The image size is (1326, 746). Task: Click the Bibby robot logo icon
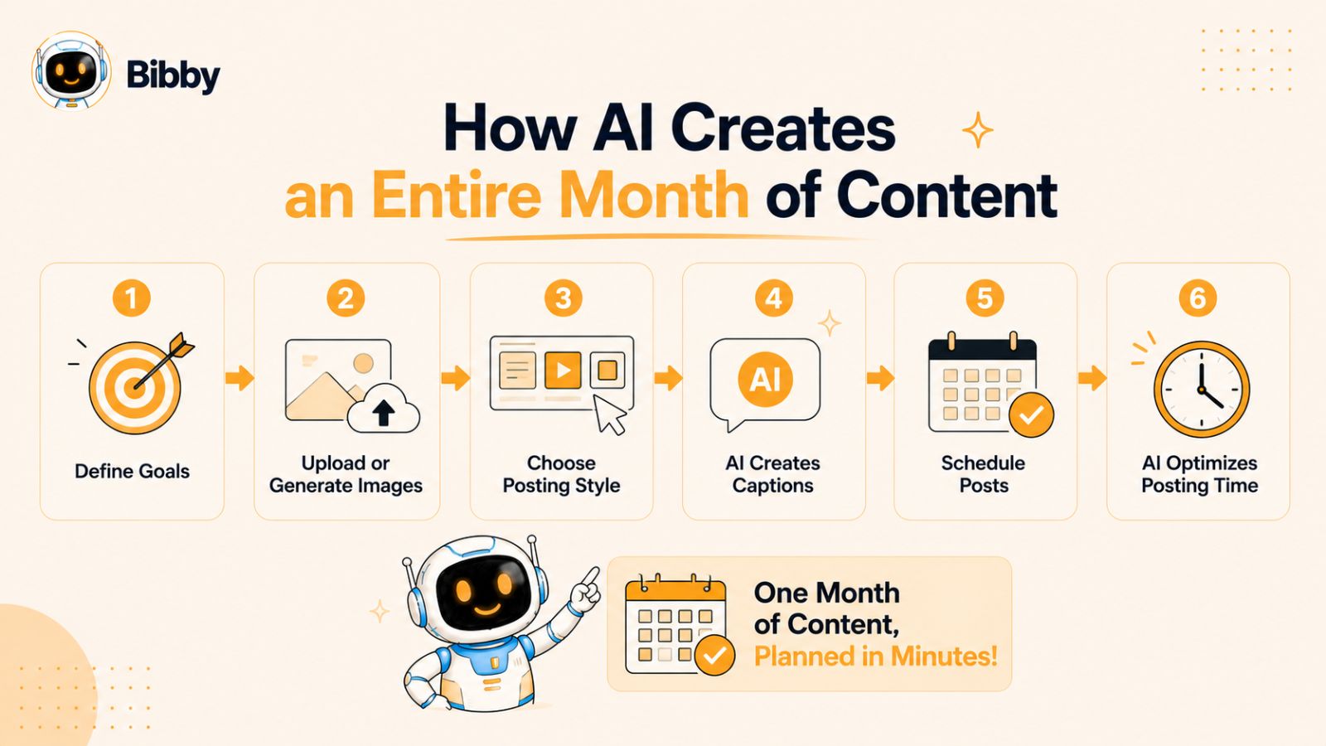click(71, 71)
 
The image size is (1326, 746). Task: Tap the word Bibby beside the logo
click(173, 75)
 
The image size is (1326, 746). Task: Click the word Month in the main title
click(655, 195)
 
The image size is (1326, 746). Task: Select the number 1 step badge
click(132, 298)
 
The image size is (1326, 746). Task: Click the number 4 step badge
click(774, 298)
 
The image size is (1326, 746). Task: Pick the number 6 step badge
click(1198, 298)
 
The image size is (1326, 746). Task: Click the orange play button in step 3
click(563, 370)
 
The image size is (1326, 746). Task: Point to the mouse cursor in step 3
click(609, 414)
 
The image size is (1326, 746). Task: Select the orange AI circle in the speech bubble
click(766, 379)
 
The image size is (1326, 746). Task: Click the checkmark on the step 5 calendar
click(1031, 415)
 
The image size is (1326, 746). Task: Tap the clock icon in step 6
click(1202, 390)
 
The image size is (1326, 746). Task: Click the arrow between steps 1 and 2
click(240, 378)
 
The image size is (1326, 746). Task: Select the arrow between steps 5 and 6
click(1092, 378)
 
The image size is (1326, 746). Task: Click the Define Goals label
click(132, 472)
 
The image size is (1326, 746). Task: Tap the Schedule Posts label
click(983, 474)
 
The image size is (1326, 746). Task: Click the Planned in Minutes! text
click(875, 656)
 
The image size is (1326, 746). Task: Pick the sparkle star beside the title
click(977, 130)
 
